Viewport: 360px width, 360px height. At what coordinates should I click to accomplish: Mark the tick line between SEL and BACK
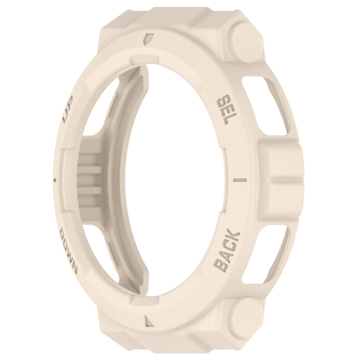(x=239, y=180)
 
